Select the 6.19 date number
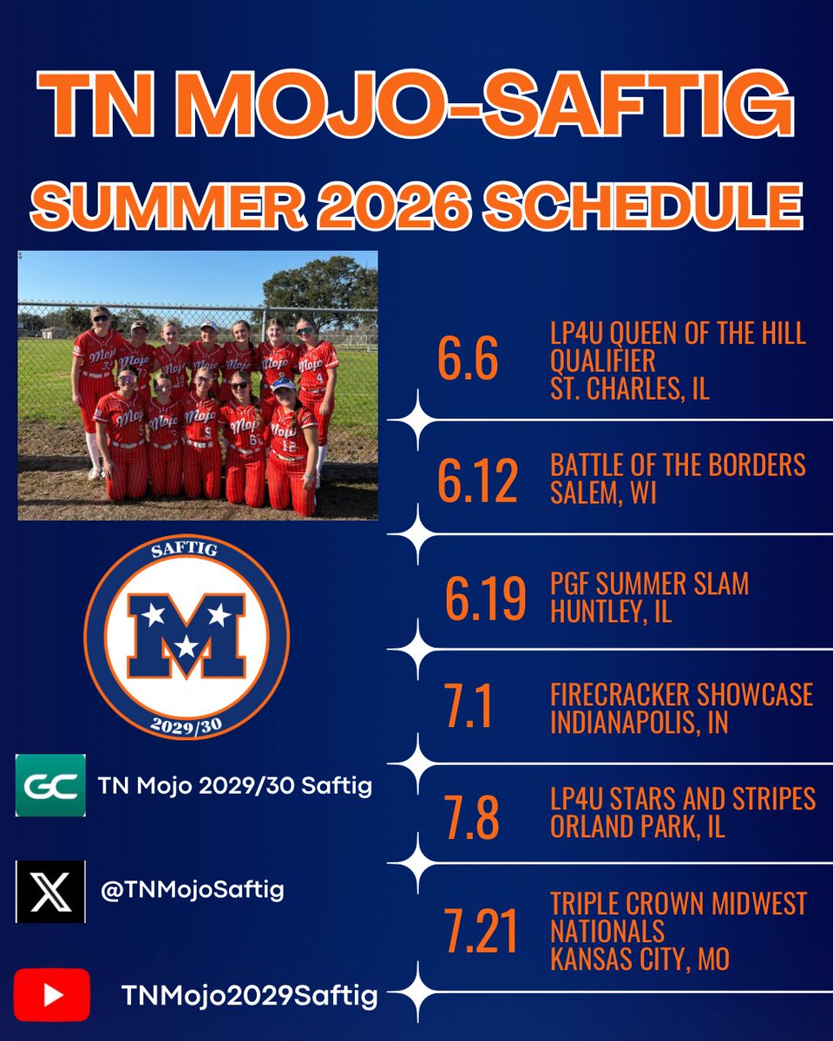485,598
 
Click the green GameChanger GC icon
50,786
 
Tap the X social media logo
50,891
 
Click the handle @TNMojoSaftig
193,891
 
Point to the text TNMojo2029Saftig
249,997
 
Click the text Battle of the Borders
678,466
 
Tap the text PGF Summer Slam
649,584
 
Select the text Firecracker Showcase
681,694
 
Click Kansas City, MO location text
640,959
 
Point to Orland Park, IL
637,827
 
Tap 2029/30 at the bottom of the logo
186,725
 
